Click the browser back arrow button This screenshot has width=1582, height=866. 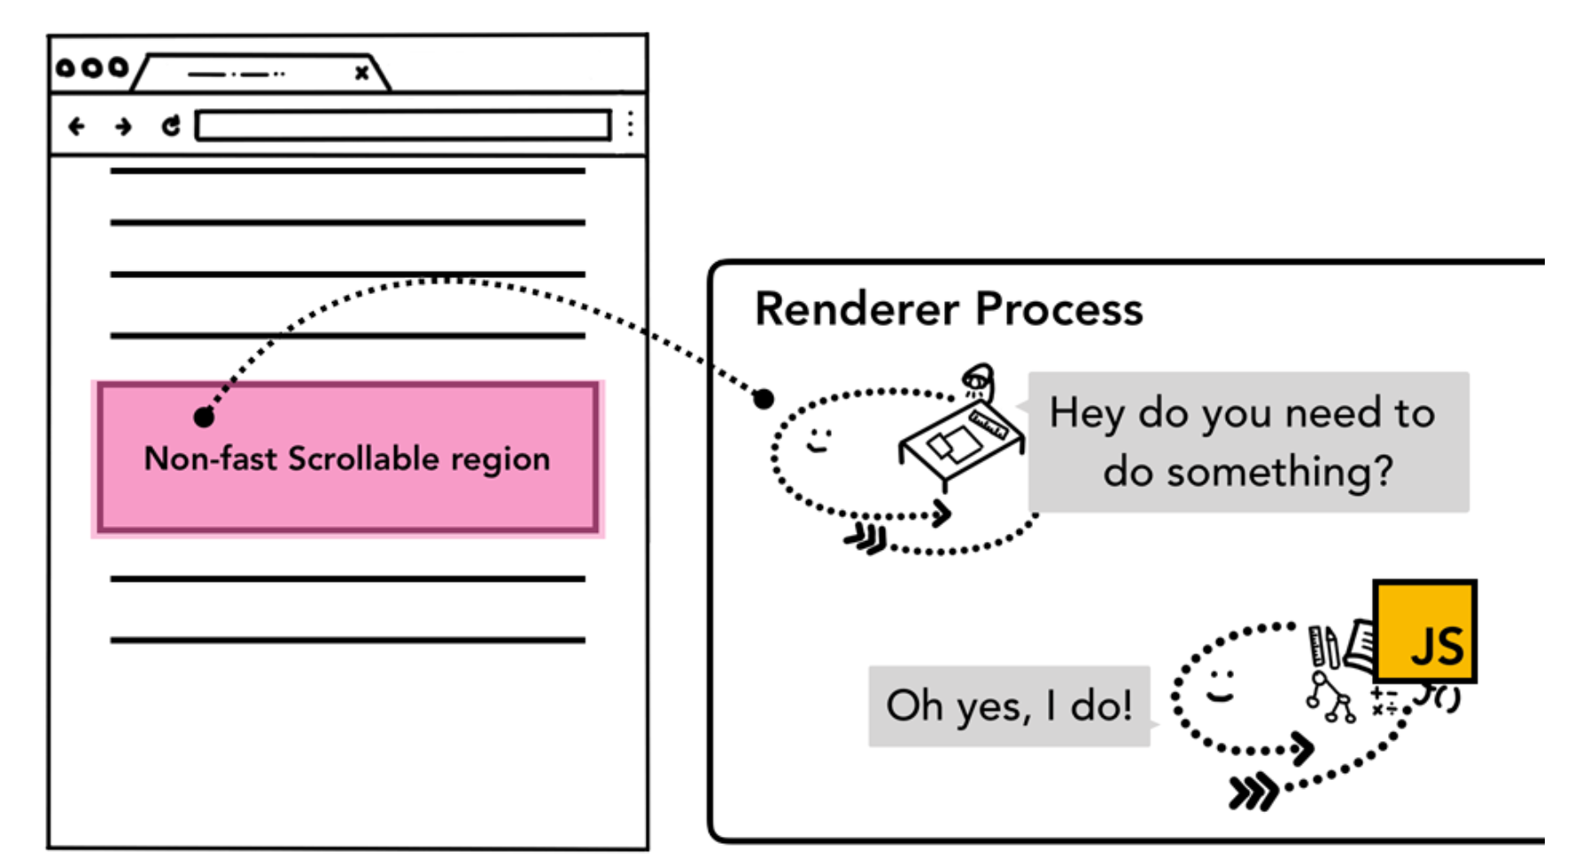[77, 127]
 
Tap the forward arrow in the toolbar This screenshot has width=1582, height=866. [123, 127]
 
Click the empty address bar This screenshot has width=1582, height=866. [403, 125]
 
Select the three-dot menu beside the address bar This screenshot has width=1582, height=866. [631, 124]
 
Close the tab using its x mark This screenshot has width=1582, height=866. [361, 73]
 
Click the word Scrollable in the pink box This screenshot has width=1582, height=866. [363, 459]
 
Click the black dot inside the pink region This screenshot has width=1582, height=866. [204, 417]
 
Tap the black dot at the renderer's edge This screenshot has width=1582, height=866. [764, 399]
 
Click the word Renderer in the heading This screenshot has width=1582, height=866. [857, 310]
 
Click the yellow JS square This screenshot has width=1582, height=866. [1424, 631]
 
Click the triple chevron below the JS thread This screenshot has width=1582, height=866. [1252, 791]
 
